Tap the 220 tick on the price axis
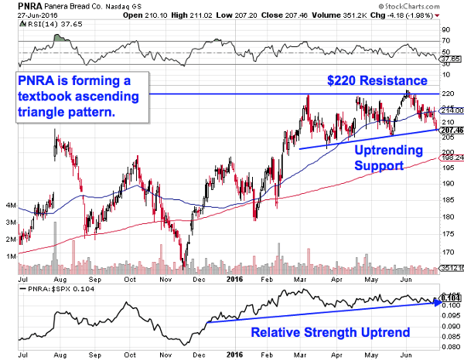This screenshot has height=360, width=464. coord(448,93)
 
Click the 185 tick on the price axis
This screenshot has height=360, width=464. coord(448,200)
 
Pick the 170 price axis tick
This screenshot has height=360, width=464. coord(448,253)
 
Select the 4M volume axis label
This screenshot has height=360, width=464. coord(9,205)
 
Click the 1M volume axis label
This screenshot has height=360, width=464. coord(9,255)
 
